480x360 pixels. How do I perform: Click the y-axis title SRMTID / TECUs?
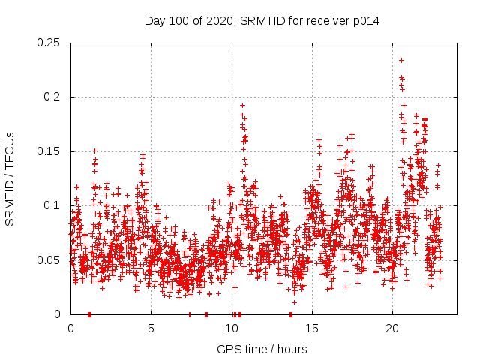coord(10,178)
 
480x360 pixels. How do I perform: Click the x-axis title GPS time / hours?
coord(262,349)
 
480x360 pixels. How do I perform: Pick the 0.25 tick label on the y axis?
coord(49,43)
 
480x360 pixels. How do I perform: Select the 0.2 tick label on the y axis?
coord(52,97)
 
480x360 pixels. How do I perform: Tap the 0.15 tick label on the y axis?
coord(49,151)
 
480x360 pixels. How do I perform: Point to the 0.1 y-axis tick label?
coord(52,205)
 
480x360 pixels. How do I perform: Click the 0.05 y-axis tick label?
coord(49,259)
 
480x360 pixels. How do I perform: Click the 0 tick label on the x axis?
coord(70,328)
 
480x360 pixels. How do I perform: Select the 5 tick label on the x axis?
coord(151,328)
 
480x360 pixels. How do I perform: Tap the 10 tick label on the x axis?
coord(232,328)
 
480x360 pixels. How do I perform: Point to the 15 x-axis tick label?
coord(312,328)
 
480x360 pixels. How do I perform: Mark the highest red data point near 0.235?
coord(402,60)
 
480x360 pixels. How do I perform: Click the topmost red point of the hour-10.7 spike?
coord(242,106)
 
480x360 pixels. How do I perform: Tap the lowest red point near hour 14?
coord(294,302)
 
